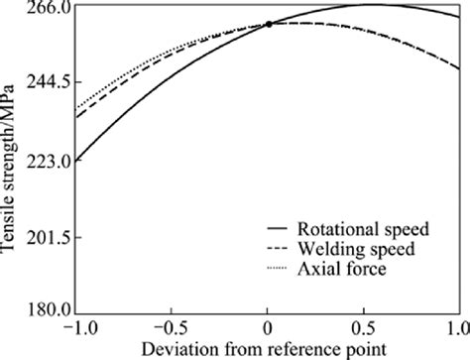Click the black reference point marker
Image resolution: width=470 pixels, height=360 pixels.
click(x=269, y=24)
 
